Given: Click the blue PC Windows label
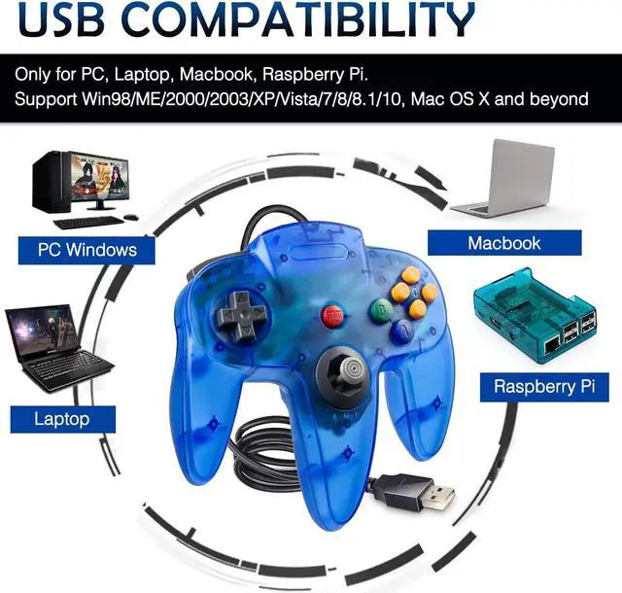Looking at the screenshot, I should pos(87,250).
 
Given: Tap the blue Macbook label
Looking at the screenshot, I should pos(504,242).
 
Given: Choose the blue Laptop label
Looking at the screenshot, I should pos(62,419).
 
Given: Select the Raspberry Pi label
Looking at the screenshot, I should pos(543,386).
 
